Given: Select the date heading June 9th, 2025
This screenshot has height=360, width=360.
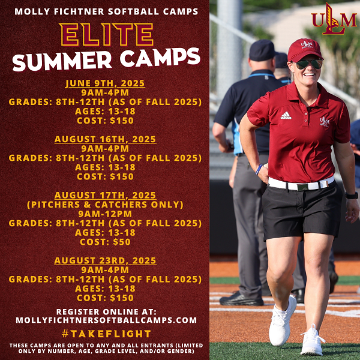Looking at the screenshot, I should click(105, 83).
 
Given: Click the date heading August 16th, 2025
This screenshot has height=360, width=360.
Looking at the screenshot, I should click(105, 139).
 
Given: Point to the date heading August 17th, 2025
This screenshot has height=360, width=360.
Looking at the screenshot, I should click(105, 196).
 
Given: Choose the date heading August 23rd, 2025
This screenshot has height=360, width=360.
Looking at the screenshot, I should click(105, 260).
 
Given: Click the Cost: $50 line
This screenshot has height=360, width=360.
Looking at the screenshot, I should click(105, 242).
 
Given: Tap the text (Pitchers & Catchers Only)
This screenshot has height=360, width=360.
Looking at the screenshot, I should click(105, 205).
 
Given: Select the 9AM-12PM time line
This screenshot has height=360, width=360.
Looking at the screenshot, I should click(105, 214).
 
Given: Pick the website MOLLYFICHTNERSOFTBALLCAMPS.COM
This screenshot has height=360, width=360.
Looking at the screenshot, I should click(105, 320).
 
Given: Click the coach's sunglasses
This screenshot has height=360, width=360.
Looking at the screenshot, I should click(308, 64).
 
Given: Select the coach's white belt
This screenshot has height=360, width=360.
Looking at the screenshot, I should click(300, 184).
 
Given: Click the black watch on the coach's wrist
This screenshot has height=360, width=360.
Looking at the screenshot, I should click(352, 195).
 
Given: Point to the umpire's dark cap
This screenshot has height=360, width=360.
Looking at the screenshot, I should click(262, 50).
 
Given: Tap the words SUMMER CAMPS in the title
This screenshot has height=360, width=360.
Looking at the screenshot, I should click(105, 58).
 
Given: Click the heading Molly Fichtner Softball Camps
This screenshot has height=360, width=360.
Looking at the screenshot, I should click(105, 11).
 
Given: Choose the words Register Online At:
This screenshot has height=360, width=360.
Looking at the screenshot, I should click(105, 311).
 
